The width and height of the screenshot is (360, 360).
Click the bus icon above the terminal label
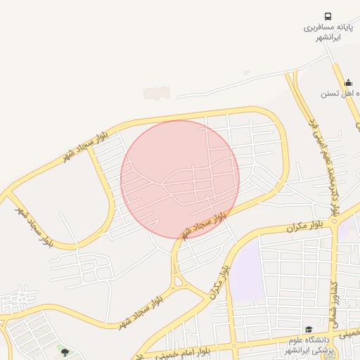click(328, 16)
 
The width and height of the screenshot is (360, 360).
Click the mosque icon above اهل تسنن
click(348, 82)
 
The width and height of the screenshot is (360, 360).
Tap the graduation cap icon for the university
click(308, 329)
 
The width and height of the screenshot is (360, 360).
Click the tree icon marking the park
click(65, 352)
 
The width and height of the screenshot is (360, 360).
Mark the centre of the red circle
click(180, 179)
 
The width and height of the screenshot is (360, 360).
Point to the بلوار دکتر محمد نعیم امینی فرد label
click(323, 165)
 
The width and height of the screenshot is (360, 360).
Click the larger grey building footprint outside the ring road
click(157, 93)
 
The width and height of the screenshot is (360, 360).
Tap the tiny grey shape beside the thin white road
click(246, 72)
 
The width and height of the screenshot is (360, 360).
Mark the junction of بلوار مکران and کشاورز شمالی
click(336, 224)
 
